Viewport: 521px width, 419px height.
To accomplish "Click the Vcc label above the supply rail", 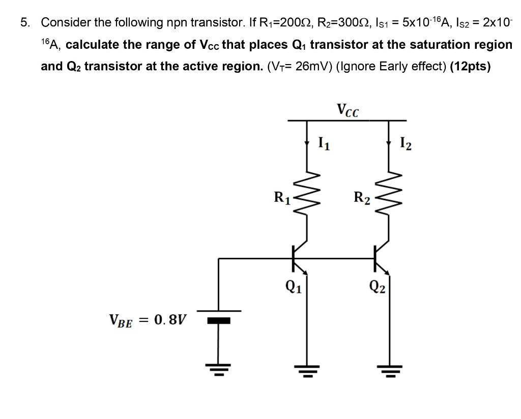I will [x=348, y=110].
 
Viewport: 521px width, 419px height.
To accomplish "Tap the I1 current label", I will [x=324, y=144].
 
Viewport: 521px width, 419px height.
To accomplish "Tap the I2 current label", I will [x=406, y=144].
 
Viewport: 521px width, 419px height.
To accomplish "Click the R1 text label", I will [x=281, y=197].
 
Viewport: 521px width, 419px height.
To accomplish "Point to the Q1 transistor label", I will [x=293, y=288].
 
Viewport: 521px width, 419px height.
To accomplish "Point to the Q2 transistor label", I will [x=377, y=288].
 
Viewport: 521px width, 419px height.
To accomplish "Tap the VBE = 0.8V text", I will [x=148, y=320].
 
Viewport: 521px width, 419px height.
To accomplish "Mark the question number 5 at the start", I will [x=24, y=22].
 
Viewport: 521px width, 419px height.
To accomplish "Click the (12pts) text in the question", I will [x=471, y=67].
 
